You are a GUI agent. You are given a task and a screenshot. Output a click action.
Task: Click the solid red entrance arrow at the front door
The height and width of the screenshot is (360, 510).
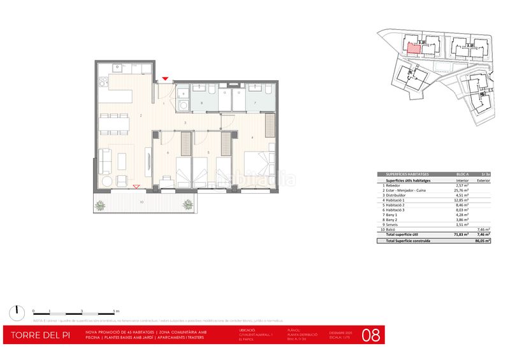tap(165, 78)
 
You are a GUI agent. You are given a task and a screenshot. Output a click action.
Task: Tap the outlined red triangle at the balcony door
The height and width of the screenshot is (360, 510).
tap(136, 186)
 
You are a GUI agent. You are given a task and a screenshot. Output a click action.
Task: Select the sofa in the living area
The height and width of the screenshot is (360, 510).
tap(103, 162)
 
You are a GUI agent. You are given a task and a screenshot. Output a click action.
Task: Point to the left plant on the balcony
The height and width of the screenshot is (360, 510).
tap(100, 205)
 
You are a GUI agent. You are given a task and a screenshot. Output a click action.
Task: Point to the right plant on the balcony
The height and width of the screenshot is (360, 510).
tap(188, 205)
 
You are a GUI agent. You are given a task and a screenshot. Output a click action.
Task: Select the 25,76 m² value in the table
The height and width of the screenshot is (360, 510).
tap(462, 190)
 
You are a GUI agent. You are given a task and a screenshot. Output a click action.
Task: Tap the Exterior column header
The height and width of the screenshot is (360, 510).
tap(483, 181)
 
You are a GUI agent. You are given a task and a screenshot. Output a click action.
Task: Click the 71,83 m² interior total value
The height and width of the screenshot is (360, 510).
tap(462, 234)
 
